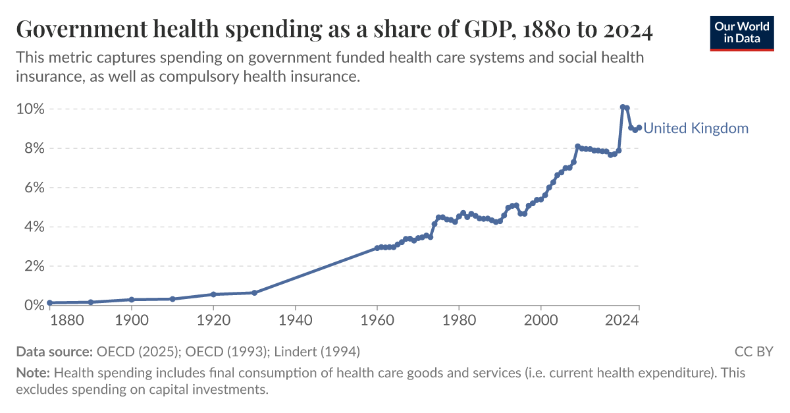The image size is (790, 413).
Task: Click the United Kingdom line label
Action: tap(696, 128)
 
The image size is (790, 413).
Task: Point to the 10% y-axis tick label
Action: tap(30, 109)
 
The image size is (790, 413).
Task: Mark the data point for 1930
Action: tap(254, 292)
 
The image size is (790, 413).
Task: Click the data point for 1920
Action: tap(213, 294)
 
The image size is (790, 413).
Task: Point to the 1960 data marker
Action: tap(377, 248)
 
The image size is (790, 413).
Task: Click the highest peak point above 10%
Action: tap(623, 107)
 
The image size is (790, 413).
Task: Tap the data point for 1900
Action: tap(132, 300)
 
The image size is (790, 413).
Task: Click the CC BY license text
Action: tap(754, 351)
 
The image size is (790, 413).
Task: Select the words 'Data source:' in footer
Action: tap(55, 351)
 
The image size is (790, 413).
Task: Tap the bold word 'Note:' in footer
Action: tap(33, 373)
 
